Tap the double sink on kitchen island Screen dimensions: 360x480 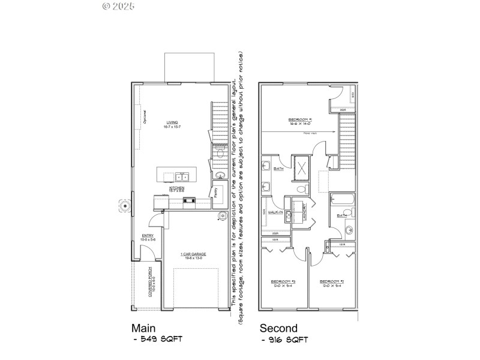(181, 176)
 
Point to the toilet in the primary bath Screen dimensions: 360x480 (302, 189)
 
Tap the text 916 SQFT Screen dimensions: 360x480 (287, 340)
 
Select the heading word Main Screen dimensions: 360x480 (144, 328)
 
